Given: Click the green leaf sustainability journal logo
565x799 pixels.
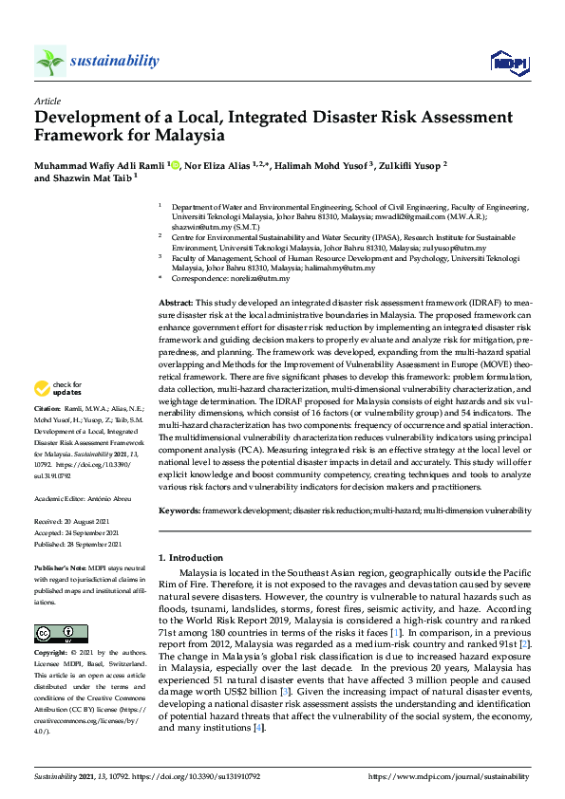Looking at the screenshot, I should pyautogui.click(x=50, y=61).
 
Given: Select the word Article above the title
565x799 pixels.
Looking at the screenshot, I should pyautogui.click(x=47, y=100).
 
